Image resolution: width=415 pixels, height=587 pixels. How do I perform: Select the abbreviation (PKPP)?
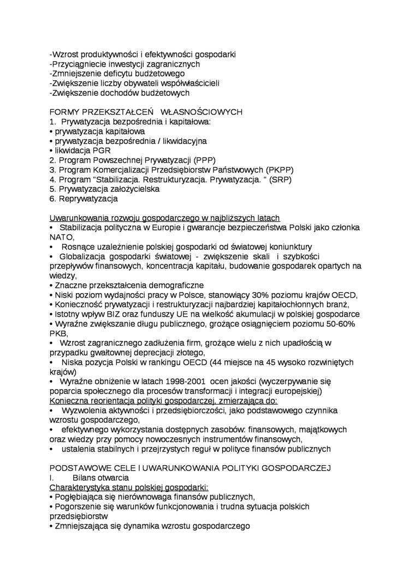(278, 169)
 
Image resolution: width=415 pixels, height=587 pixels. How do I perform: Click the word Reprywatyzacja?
(88, 199)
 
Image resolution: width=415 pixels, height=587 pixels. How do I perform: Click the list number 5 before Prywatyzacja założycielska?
(52, 189)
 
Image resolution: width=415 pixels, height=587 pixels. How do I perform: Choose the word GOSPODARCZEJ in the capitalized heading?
(297, 468)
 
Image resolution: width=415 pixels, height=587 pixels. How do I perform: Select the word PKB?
(58, 333)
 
